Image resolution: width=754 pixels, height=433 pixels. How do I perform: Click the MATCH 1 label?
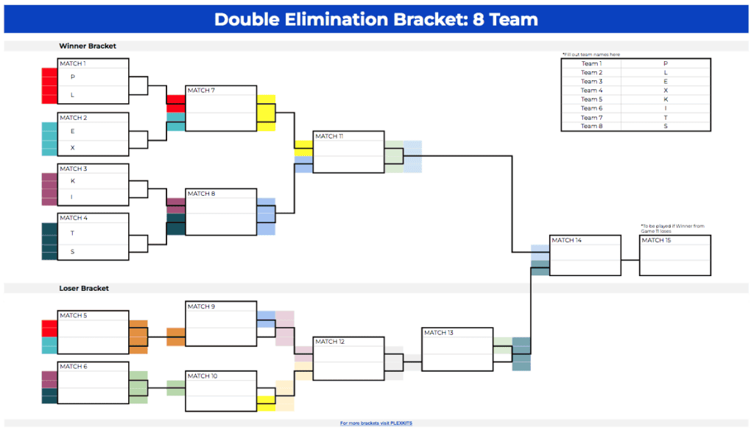coord(72,63)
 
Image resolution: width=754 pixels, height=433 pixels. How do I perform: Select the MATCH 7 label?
coord(201,91)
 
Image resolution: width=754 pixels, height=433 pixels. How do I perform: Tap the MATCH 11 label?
coord(329,136)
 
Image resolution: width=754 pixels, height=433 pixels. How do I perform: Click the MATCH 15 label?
coord(656,240)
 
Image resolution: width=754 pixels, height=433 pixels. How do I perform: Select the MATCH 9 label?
coord(201,306)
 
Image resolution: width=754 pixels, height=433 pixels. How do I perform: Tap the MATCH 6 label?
coord(72,366)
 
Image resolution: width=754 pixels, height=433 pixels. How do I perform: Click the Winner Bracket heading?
coord(88,46)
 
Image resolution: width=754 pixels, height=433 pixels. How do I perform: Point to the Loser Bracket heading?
coord(84,288)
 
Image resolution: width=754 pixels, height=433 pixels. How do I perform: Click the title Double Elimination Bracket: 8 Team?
coord(376,19)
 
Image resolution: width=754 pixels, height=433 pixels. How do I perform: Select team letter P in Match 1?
coord(73,77)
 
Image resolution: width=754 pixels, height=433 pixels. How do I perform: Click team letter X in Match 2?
coord(73,147)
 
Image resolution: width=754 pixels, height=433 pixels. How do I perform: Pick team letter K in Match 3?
coord(73,181)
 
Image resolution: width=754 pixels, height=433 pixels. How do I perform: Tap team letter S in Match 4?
coord(73,251)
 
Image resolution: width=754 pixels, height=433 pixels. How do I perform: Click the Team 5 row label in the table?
coord(591,99)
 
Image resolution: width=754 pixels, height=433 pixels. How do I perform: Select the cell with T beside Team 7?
coord(666,118)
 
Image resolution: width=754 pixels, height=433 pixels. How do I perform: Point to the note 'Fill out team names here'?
coord(591,54)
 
